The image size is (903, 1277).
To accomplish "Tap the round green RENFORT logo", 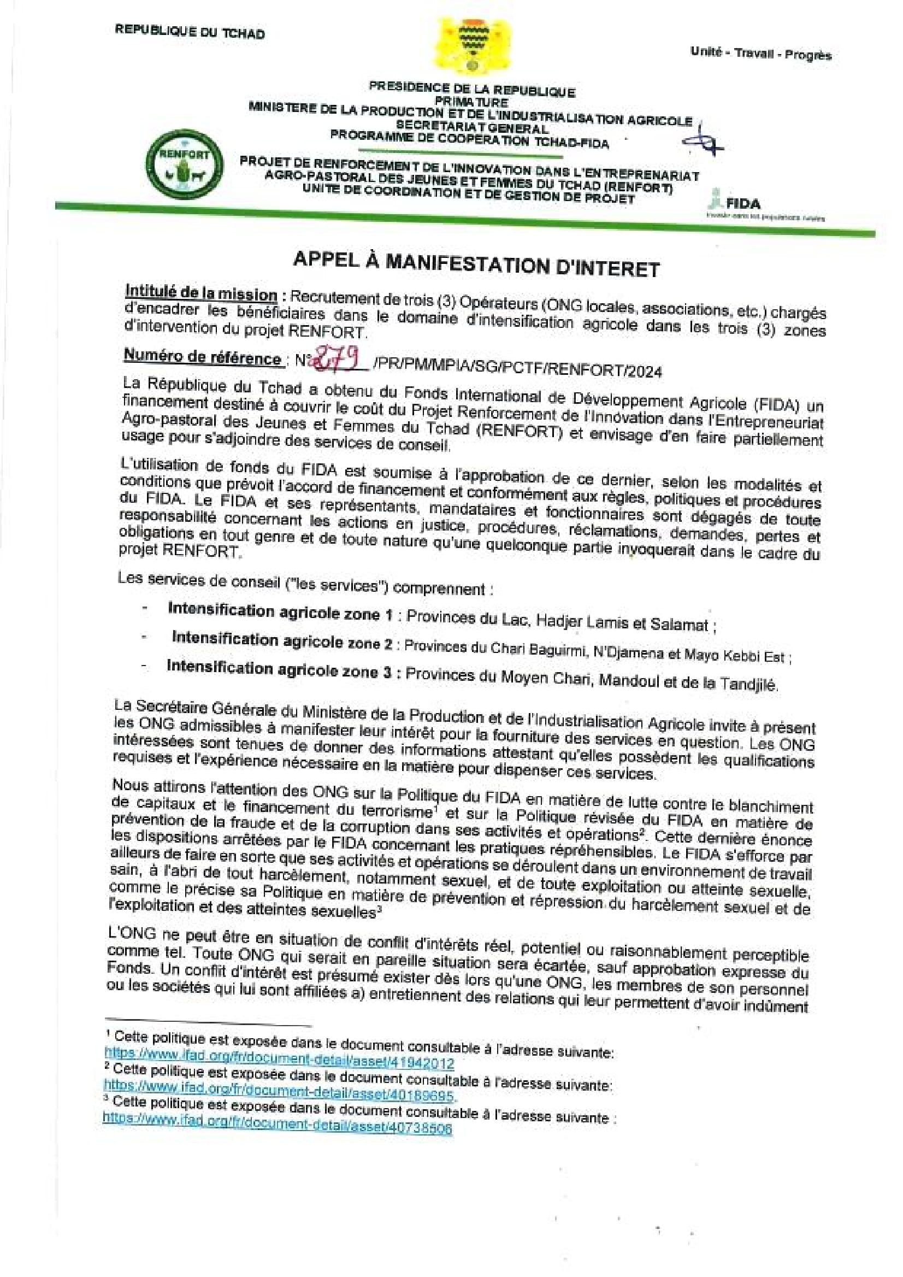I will tap(183, 163).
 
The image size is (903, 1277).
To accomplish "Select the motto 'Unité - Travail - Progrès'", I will tap(760, 54).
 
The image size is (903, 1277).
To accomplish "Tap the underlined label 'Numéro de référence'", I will tap(202, 356).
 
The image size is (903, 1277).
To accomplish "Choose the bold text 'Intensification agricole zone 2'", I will tap(282, 641).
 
